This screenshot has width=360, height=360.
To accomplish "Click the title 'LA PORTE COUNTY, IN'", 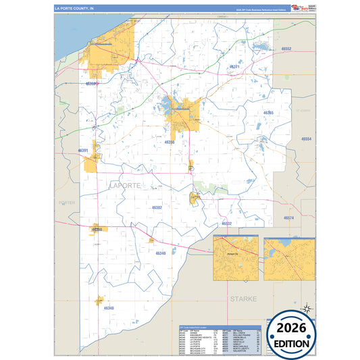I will click(x=75, y=9).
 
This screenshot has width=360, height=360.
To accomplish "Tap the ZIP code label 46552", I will click(x=286, y=49).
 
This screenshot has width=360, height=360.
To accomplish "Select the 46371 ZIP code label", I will click(x=234, y=67).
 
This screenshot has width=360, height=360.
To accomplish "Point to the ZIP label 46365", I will click(x=267, y=113).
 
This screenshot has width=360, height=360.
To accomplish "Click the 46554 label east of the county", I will click(x=306, y=138).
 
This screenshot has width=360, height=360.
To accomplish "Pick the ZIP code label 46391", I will click(x=84, y=150).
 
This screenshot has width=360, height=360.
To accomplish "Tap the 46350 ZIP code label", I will click(x=169, y=143).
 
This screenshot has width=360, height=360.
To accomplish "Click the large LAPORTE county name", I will click(x=126, y=184).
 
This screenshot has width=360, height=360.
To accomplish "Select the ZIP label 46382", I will click(x=157, y=208).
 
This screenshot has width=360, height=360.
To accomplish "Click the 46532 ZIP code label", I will click(x=226, y=224).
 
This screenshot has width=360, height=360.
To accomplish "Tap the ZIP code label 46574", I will click(x=288, y=218).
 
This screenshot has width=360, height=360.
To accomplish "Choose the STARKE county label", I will click(x=244, y=298).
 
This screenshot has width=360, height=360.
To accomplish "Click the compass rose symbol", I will click(x=307, y=307).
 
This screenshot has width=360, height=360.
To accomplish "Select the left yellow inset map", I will click(x=236, y=258).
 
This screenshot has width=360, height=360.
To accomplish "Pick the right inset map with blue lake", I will click(x=290, y=258).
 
